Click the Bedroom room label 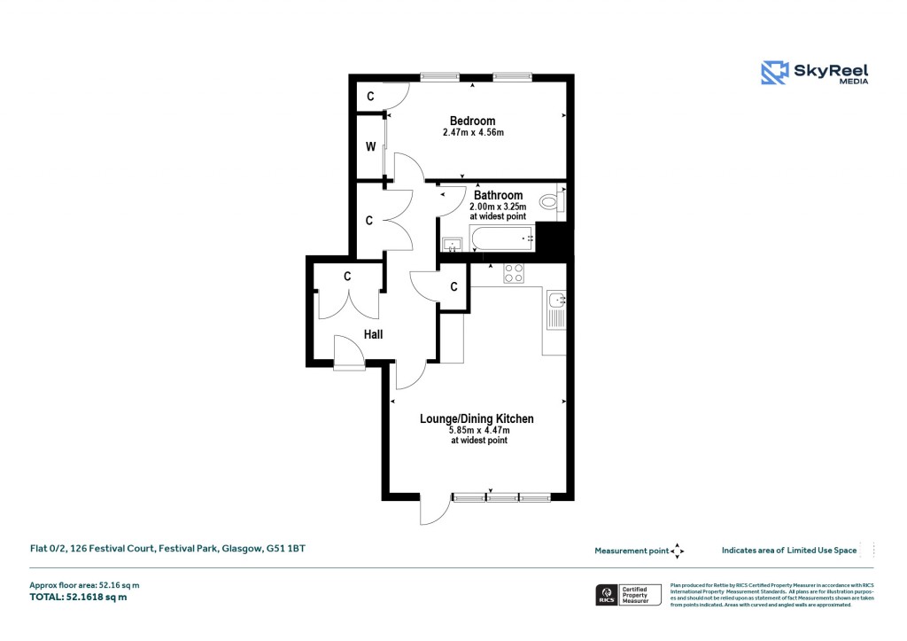point(472,121)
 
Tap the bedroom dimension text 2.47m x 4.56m point(473,133)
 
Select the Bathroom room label point(498,195)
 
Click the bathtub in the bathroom point(501,238)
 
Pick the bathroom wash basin point(452,243)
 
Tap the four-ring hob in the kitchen point(514,273)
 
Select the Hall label point(373,334)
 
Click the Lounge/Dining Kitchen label point(478,418)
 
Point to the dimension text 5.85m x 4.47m point(478,430)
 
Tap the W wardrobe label point(370,146)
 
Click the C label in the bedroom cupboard point(370,96)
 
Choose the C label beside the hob point(453,286)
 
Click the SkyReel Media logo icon point(775,73)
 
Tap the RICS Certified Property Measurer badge point(629,594)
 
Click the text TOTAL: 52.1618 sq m point(79,598)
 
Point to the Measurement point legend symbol point(677,551)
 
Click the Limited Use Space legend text point(789,551)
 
